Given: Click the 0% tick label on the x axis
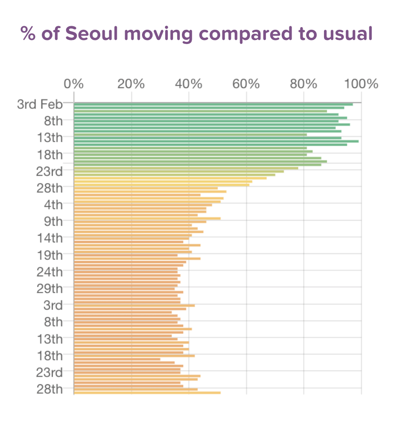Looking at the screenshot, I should (74, 84).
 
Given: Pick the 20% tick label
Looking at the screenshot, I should (131, 84).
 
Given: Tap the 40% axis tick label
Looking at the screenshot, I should (189, 84).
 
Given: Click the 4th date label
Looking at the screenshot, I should (53, 205).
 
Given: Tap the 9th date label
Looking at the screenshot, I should (53, 222).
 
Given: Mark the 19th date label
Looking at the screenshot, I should (50, 255).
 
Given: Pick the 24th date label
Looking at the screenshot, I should (50, 272).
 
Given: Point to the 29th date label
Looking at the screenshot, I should (50, 289).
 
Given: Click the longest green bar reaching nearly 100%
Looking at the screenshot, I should (216, 141).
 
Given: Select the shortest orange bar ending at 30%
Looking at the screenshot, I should (117, 359).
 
